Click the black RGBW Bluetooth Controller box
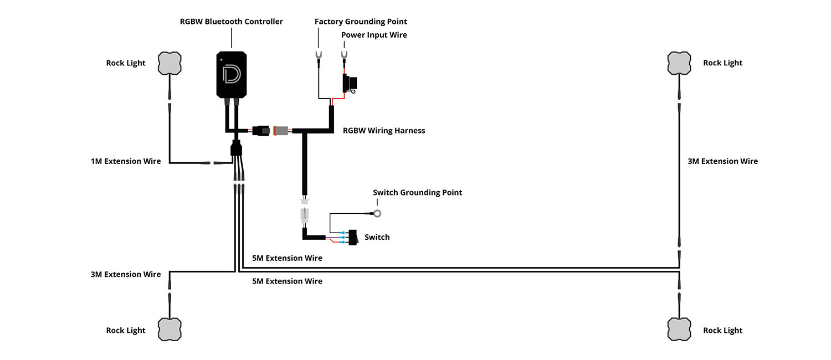(232, 75)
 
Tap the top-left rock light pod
(170, 63)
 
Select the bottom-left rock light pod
(170, 330)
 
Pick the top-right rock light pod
(679, 63)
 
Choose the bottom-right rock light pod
(679, 330)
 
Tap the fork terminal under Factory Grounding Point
(319, 55)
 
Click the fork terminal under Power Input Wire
(344, 55)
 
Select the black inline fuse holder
(350, 84)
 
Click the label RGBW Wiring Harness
(384, 131)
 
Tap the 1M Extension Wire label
(126, 162)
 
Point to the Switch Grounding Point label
(417, 193)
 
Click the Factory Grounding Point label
(361, 22)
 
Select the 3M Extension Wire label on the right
(722, 161)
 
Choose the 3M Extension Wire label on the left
(126, 274)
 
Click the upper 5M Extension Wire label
(287, 258)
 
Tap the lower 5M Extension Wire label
(287, 281)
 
